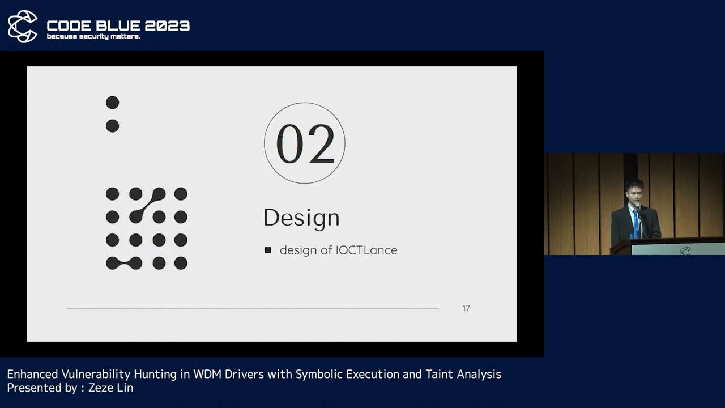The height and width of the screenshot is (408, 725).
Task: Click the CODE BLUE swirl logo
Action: [23, 26]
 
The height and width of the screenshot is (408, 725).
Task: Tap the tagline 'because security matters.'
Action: [93, 37]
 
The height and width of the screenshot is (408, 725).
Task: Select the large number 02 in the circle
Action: [305, 143]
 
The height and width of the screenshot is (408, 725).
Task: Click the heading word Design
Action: [301, 218]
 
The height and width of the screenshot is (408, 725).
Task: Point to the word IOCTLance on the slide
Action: [366, 250]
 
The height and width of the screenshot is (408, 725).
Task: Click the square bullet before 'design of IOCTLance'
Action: [268, 250]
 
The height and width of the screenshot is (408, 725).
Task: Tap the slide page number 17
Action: [466, 308]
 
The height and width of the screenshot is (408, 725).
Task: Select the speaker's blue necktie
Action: [636, 224]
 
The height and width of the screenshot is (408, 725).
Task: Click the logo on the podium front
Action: [685, 250]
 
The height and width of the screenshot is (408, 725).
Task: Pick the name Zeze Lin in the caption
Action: [110, 388]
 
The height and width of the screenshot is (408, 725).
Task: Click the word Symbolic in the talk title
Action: [319, 374]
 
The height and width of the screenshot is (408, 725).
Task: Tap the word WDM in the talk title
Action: [206, 374]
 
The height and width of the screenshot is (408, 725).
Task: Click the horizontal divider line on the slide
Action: [253, 308]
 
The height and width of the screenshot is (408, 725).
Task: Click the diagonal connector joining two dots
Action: [147, 205]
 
